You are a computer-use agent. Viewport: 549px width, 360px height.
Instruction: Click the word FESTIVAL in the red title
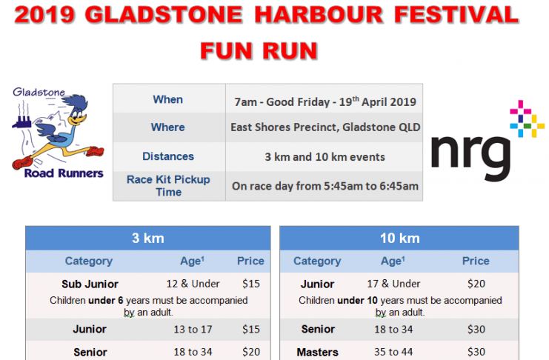pyautogui.click(x=456, y=15)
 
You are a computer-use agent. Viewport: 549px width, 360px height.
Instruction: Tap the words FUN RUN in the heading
pyautogui.click(x=259, y=50)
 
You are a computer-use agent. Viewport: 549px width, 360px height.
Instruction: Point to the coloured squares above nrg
pyautogui.click(x=528, y=119)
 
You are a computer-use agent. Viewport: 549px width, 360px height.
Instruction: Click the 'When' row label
pyautogui.click(x=167, y=99)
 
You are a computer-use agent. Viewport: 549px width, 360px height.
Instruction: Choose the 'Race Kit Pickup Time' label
pyautogui.click(x=168, y=186)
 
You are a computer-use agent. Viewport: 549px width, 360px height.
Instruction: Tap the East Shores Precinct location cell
pyautogui.click(x=325, y=127)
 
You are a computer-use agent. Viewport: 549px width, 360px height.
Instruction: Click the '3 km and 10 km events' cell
pyautogui.click(x=325, y=157)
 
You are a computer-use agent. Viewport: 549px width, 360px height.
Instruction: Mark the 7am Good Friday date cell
pyautogui.click(x=325, y=101)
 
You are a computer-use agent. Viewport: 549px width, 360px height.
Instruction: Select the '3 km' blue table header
pyautogui.click(x=148, y=238)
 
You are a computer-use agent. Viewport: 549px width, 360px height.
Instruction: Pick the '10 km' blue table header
pyautogui.click(x=400, y=238)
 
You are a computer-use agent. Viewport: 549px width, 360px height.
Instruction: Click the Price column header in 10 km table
pyautogui.click(x=476, y=261)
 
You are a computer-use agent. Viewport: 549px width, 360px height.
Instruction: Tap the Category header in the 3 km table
pyautogui.click(x=89, y=261)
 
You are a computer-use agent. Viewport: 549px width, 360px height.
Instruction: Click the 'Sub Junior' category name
pyautogui.click(x=90, y=284)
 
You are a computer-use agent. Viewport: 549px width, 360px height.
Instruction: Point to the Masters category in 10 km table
pyautogui.click(x=318, y=352)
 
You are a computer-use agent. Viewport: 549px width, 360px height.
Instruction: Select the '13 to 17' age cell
pyautogui.click(x=193, y=329)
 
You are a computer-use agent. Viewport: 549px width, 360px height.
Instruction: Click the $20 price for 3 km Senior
pyautogui.click(x=251, y=352)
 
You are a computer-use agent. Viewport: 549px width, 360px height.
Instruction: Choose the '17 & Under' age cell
pyautogui.click(x=393, y=284)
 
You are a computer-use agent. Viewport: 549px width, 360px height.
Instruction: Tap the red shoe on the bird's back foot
pyautogui.click(x=23, y=161)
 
